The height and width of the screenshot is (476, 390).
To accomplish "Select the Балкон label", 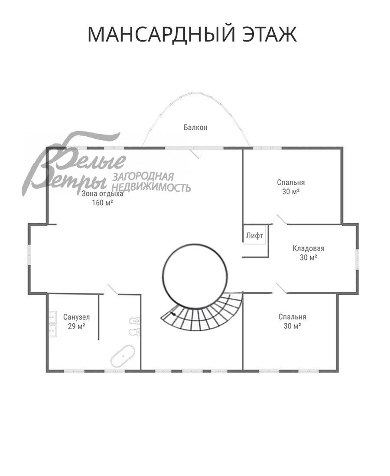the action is pos(195,128).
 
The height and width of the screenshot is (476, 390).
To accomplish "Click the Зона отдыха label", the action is pos(102,194).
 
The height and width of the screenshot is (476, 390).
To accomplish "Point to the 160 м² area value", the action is pos(102,203).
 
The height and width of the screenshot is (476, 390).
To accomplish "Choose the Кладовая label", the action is pos(308,248).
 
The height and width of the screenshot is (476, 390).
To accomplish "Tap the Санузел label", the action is pos(76,317).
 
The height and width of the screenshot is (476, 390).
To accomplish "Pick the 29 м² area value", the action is pos(76,326).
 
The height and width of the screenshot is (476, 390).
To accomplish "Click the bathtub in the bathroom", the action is pos(123,355).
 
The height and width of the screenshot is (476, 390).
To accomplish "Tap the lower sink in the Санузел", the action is pos(52,331).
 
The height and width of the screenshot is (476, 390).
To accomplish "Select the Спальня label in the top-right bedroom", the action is pos(291,183).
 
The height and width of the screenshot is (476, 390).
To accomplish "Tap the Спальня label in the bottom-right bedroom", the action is pos(292,317).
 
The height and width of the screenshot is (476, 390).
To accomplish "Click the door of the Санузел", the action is pos(111,289).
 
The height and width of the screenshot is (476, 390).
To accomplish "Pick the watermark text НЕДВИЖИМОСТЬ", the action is pos(151,187).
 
